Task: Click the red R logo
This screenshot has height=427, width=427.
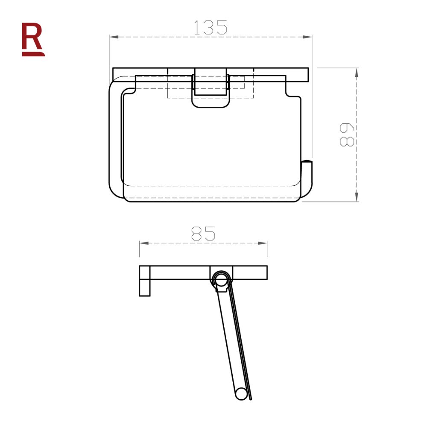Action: click(x=33, y=38)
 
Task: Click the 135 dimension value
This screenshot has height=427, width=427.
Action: click(x=210, y=27)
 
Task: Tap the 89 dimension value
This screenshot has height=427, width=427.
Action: click(x=347, y=135)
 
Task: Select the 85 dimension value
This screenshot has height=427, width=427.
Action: click(x=203, y=234)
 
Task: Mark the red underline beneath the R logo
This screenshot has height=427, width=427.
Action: click(x=33, y=54)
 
